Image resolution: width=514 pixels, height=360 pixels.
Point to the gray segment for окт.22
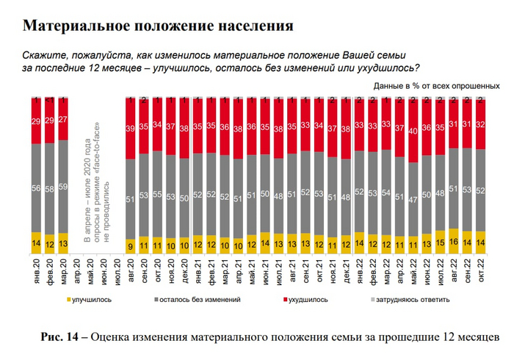click(480, 190)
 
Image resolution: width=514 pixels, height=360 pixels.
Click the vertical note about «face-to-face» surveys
click(95, 195)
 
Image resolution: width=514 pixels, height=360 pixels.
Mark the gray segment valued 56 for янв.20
click(35, 187)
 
